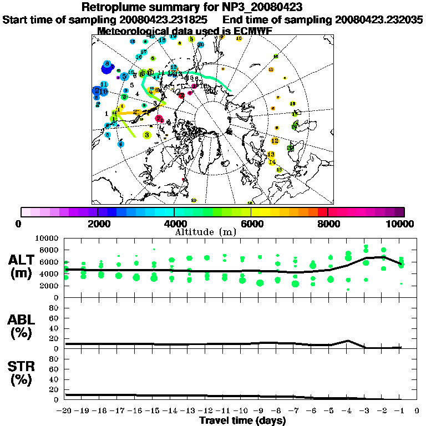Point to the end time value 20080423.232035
point(379,19)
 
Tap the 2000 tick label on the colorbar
point(98,224)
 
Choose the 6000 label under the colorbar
point(251,224)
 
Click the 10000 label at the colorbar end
point(400,224)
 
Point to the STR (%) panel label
point(23,373)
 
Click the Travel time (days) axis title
point(242,420)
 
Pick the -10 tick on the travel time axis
point(242,411)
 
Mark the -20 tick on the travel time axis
point(66,411)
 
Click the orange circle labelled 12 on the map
point(275,141)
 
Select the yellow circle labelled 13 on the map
point(271,154)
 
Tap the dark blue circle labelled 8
point(106,65)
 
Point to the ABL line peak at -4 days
point(348,341)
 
